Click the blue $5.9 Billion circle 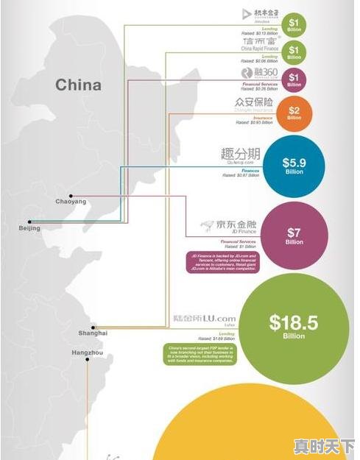(294, 166)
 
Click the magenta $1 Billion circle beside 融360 (294, 78)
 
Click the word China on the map (78, 85)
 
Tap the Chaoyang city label (71, 201)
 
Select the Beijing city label (29, 228)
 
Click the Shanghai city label (93, 333)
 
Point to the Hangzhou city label (88, 353)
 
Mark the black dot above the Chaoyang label (70, 195)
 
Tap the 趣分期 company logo (240, 155)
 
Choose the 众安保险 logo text (254, 102)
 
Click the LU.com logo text (215, 318)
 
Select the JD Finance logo (228, 225)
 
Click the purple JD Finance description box (222, 263)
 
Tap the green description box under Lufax (200, 355)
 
